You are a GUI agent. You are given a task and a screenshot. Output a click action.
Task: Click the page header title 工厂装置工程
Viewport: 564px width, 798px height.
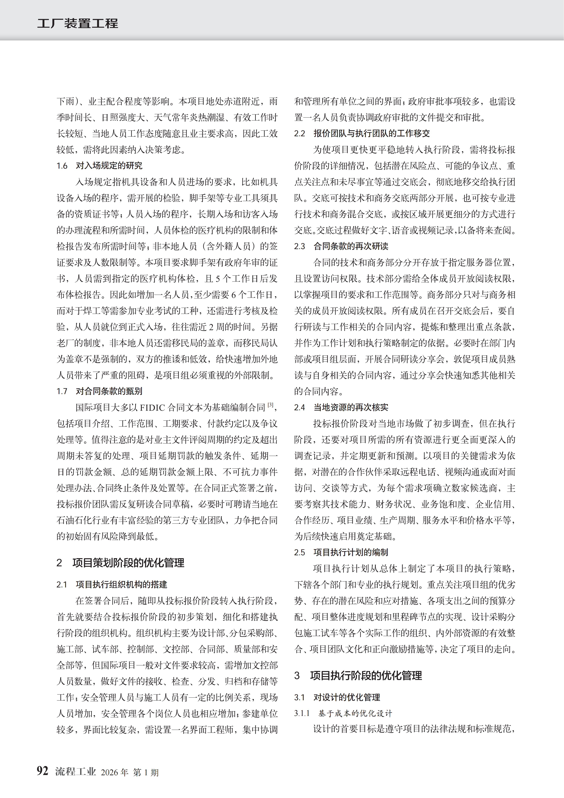77,23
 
